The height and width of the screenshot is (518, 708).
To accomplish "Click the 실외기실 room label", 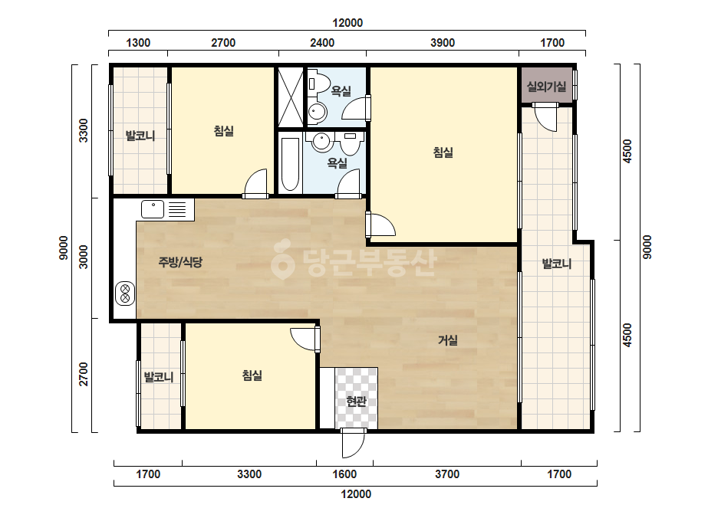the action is pyautogui.click(x=546, y=86).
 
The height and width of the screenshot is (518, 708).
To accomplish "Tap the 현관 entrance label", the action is pyautogui.click(x=356, y=401).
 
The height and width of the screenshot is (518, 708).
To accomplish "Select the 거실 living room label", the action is pyautogui.click(x=447, y=340).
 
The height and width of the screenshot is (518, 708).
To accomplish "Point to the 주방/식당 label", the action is pyautogui.click(x=180, y=262).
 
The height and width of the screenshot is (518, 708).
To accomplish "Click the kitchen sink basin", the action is pyautogui.click(x=153, y=209).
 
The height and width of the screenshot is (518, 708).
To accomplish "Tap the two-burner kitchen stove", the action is pyautogui.click(x=125, y=293).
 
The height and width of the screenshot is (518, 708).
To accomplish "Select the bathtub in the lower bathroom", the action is pyautogui.click(x=289, y=164).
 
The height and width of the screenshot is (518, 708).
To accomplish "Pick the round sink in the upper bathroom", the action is pyautogui.click(x=317, y=111).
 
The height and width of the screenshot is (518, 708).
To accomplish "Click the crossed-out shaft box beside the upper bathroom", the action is pyautogui.click(x=291, y=97).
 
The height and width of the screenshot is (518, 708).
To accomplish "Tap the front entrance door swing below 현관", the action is pyautogui.click(x=353, y=444).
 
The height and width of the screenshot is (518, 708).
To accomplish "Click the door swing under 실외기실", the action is pyautogui.click(x=545, y=117).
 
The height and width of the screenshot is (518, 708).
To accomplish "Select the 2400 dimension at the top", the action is pyautogui.click(x=322, y=43).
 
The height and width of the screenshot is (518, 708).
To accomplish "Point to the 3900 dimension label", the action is pyautogui.click(x=443, y=43).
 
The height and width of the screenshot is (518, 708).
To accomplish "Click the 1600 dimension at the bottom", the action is pyautogui.click(x=344, y=474).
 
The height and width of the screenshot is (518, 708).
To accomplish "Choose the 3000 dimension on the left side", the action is pyautogui.click(x=84, y=257).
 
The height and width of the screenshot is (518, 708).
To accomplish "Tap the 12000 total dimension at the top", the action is pyautogui.click(x=347, y=23).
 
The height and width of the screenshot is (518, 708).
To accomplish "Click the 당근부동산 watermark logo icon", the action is pyautogui.click(x=282, y=259).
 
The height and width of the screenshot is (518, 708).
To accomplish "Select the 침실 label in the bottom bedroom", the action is pyautogui.click(x=252, y=375).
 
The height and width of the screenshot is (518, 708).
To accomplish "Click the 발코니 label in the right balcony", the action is pyautogui.click(x=556, y=264).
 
